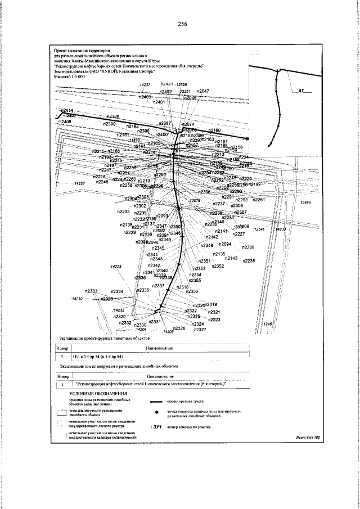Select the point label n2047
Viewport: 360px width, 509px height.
tap(203, 91)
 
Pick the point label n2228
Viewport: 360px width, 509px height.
tap(248, 247)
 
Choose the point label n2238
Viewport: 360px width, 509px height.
tap(249, 260)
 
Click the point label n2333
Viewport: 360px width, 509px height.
tap(91, 291)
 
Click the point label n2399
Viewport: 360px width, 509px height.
tap(110, 124)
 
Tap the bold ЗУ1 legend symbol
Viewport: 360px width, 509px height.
tap(156, 428)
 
